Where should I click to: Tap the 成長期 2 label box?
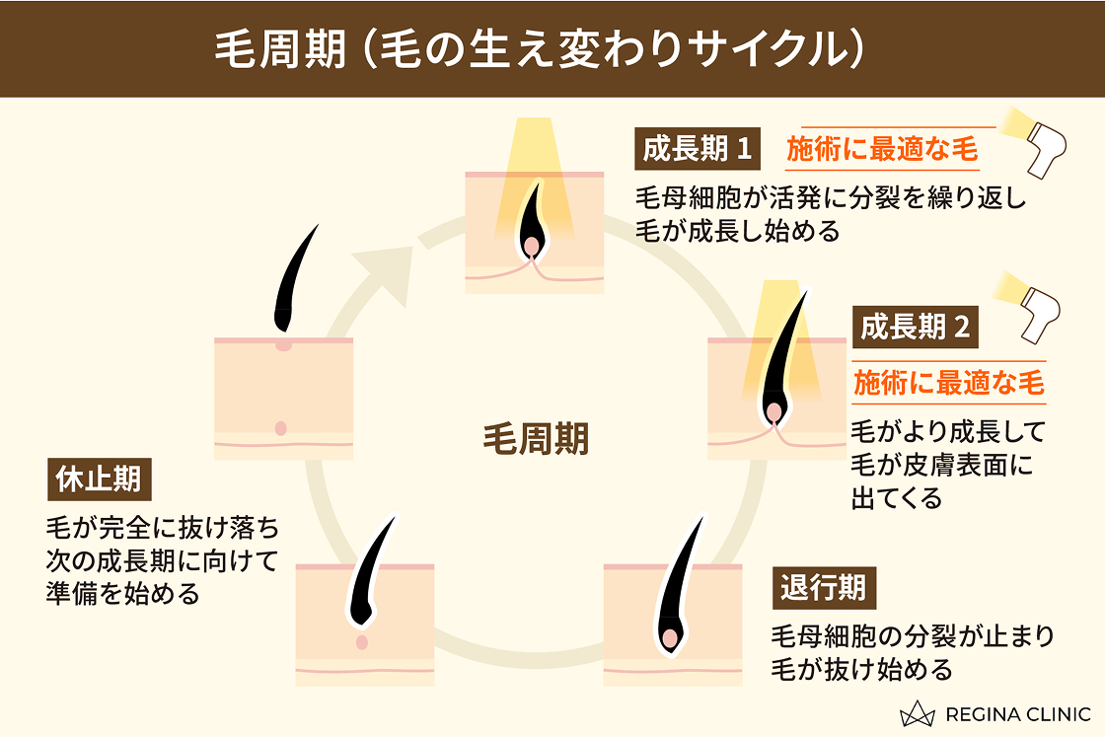click(x=917, y=328)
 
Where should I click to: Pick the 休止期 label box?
click(x=95, y=480)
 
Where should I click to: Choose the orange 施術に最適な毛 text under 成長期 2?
click(x=948, y=382)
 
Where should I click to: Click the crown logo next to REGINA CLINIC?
click(x=922, y=712)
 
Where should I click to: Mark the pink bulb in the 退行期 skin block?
click(x=671, y=639)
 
